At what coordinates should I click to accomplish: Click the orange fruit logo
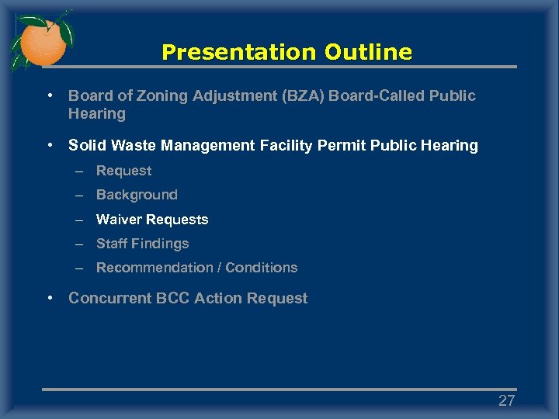click(42, 42)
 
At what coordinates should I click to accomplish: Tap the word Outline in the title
click(368, 53)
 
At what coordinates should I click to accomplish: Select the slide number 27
click(506, 401)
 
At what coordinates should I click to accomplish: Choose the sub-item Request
click(123, 171)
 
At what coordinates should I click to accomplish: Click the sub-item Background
click(137, 195)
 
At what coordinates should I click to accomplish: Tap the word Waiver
click(118, 220)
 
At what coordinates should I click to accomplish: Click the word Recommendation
click(155, 268)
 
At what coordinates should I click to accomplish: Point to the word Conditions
click(261, 268)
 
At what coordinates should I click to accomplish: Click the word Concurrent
click(105, 299)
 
